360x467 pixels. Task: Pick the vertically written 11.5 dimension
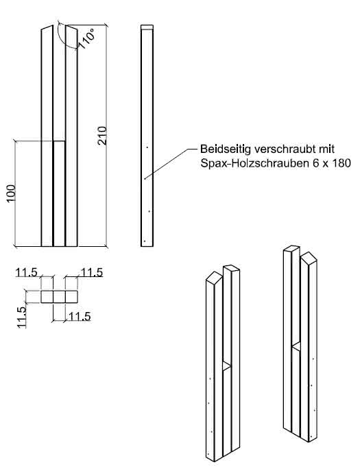tap(22, 318)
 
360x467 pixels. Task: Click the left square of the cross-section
tap(47, 296)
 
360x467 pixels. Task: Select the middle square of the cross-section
tap(59, 296)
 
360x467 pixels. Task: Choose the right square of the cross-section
tap(71, 296)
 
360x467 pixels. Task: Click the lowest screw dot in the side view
tap(145, 240)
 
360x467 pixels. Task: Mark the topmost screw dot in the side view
tap(147, 147)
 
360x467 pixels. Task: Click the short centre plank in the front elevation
tap(59, 193)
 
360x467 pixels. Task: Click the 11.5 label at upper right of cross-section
tap(91, 273)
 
